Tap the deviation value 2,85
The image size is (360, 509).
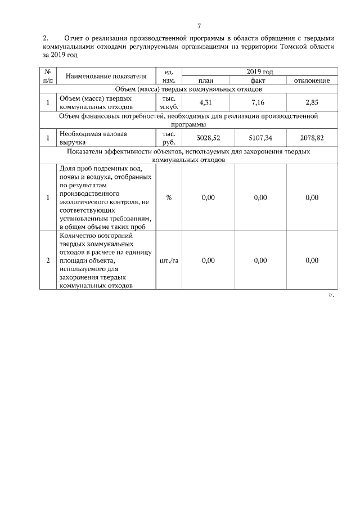click(312, 102)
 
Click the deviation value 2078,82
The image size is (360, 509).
click(312, 138)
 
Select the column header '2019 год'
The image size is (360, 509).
click(260, 72)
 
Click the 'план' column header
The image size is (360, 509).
click(206, 81)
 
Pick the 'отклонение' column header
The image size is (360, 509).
click(312, 81)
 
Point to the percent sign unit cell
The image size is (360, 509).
click(169, 197)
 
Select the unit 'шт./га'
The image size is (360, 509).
click(169, 260)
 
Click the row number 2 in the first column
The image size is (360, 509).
click(48, 260)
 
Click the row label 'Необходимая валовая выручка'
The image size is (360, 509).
click(93, 138)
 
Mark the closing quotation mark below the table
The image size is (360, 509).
click(331, 295)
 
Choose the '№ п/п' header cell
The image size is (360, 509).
click(48, 76)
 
